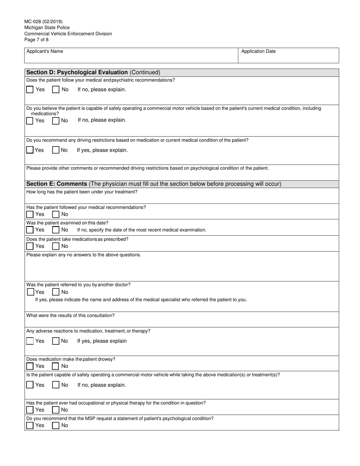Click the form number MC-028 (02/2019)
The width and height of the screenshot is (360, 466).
[x=44, y=22]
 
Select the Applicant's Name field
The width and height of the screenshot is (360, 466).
[x=131, y=55]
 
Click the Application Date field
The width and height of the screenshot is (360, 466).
[x=288, y=55]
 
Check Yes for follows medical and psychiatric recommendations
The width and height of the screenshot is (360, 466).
[x=30, y=90]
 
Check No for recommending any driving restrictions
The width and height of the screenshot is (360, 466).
[x=56, y=150]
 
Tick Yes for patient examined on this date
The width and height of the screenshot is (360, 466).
[x=30, y=230]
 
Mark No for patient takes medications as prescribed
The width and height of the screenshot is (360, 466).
[x=56, y=246]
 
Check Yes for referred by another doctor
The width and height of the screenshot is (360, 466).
[x=31, y=292]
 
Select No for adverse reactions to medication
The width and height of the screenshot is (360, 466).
[x=56, y=341]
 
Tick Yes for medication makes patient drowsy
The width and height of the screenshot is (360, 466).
[x=30, y=366]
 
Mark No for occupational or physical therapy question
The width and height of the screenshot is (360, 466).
[x=56, y=410]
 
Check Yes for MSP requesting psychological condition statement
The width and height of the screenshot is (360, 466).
[x=30, y=425]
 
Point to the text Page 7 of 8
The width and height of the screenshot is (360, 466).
[x=36, y=40]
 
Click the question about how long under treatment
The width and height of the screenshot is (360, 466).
[x=82, y=192]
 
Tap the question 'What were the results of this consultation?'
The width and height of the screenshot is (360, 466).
[x=70, y=315]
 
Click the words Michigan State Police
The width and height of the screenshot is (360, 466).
[x=47, y=28]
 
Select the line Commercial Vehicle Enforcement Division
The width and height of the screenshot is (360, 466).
[x=68, y=34]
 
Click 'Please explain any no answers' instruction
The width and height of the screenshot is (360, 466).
[x=83, y=255]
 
